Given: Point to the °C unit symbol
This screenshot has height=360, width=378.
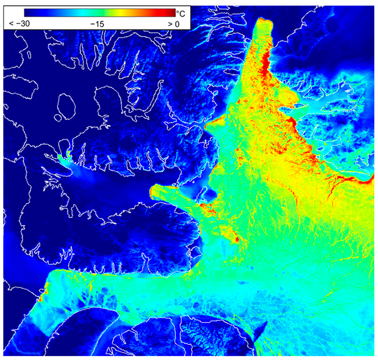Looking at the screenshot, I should (181, 13).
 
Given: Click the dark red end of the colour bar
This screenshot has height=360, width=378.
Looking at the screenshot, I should (171, 13).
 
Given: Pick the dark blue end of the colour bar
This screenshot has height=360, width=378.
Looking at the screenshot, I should (29, 13).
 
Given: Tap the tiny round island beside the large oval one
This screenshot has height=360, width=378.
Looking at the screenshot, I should (58, 117).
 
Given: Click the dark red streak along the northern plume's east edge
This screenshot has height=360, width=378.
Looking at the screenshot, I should (265, 63).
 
